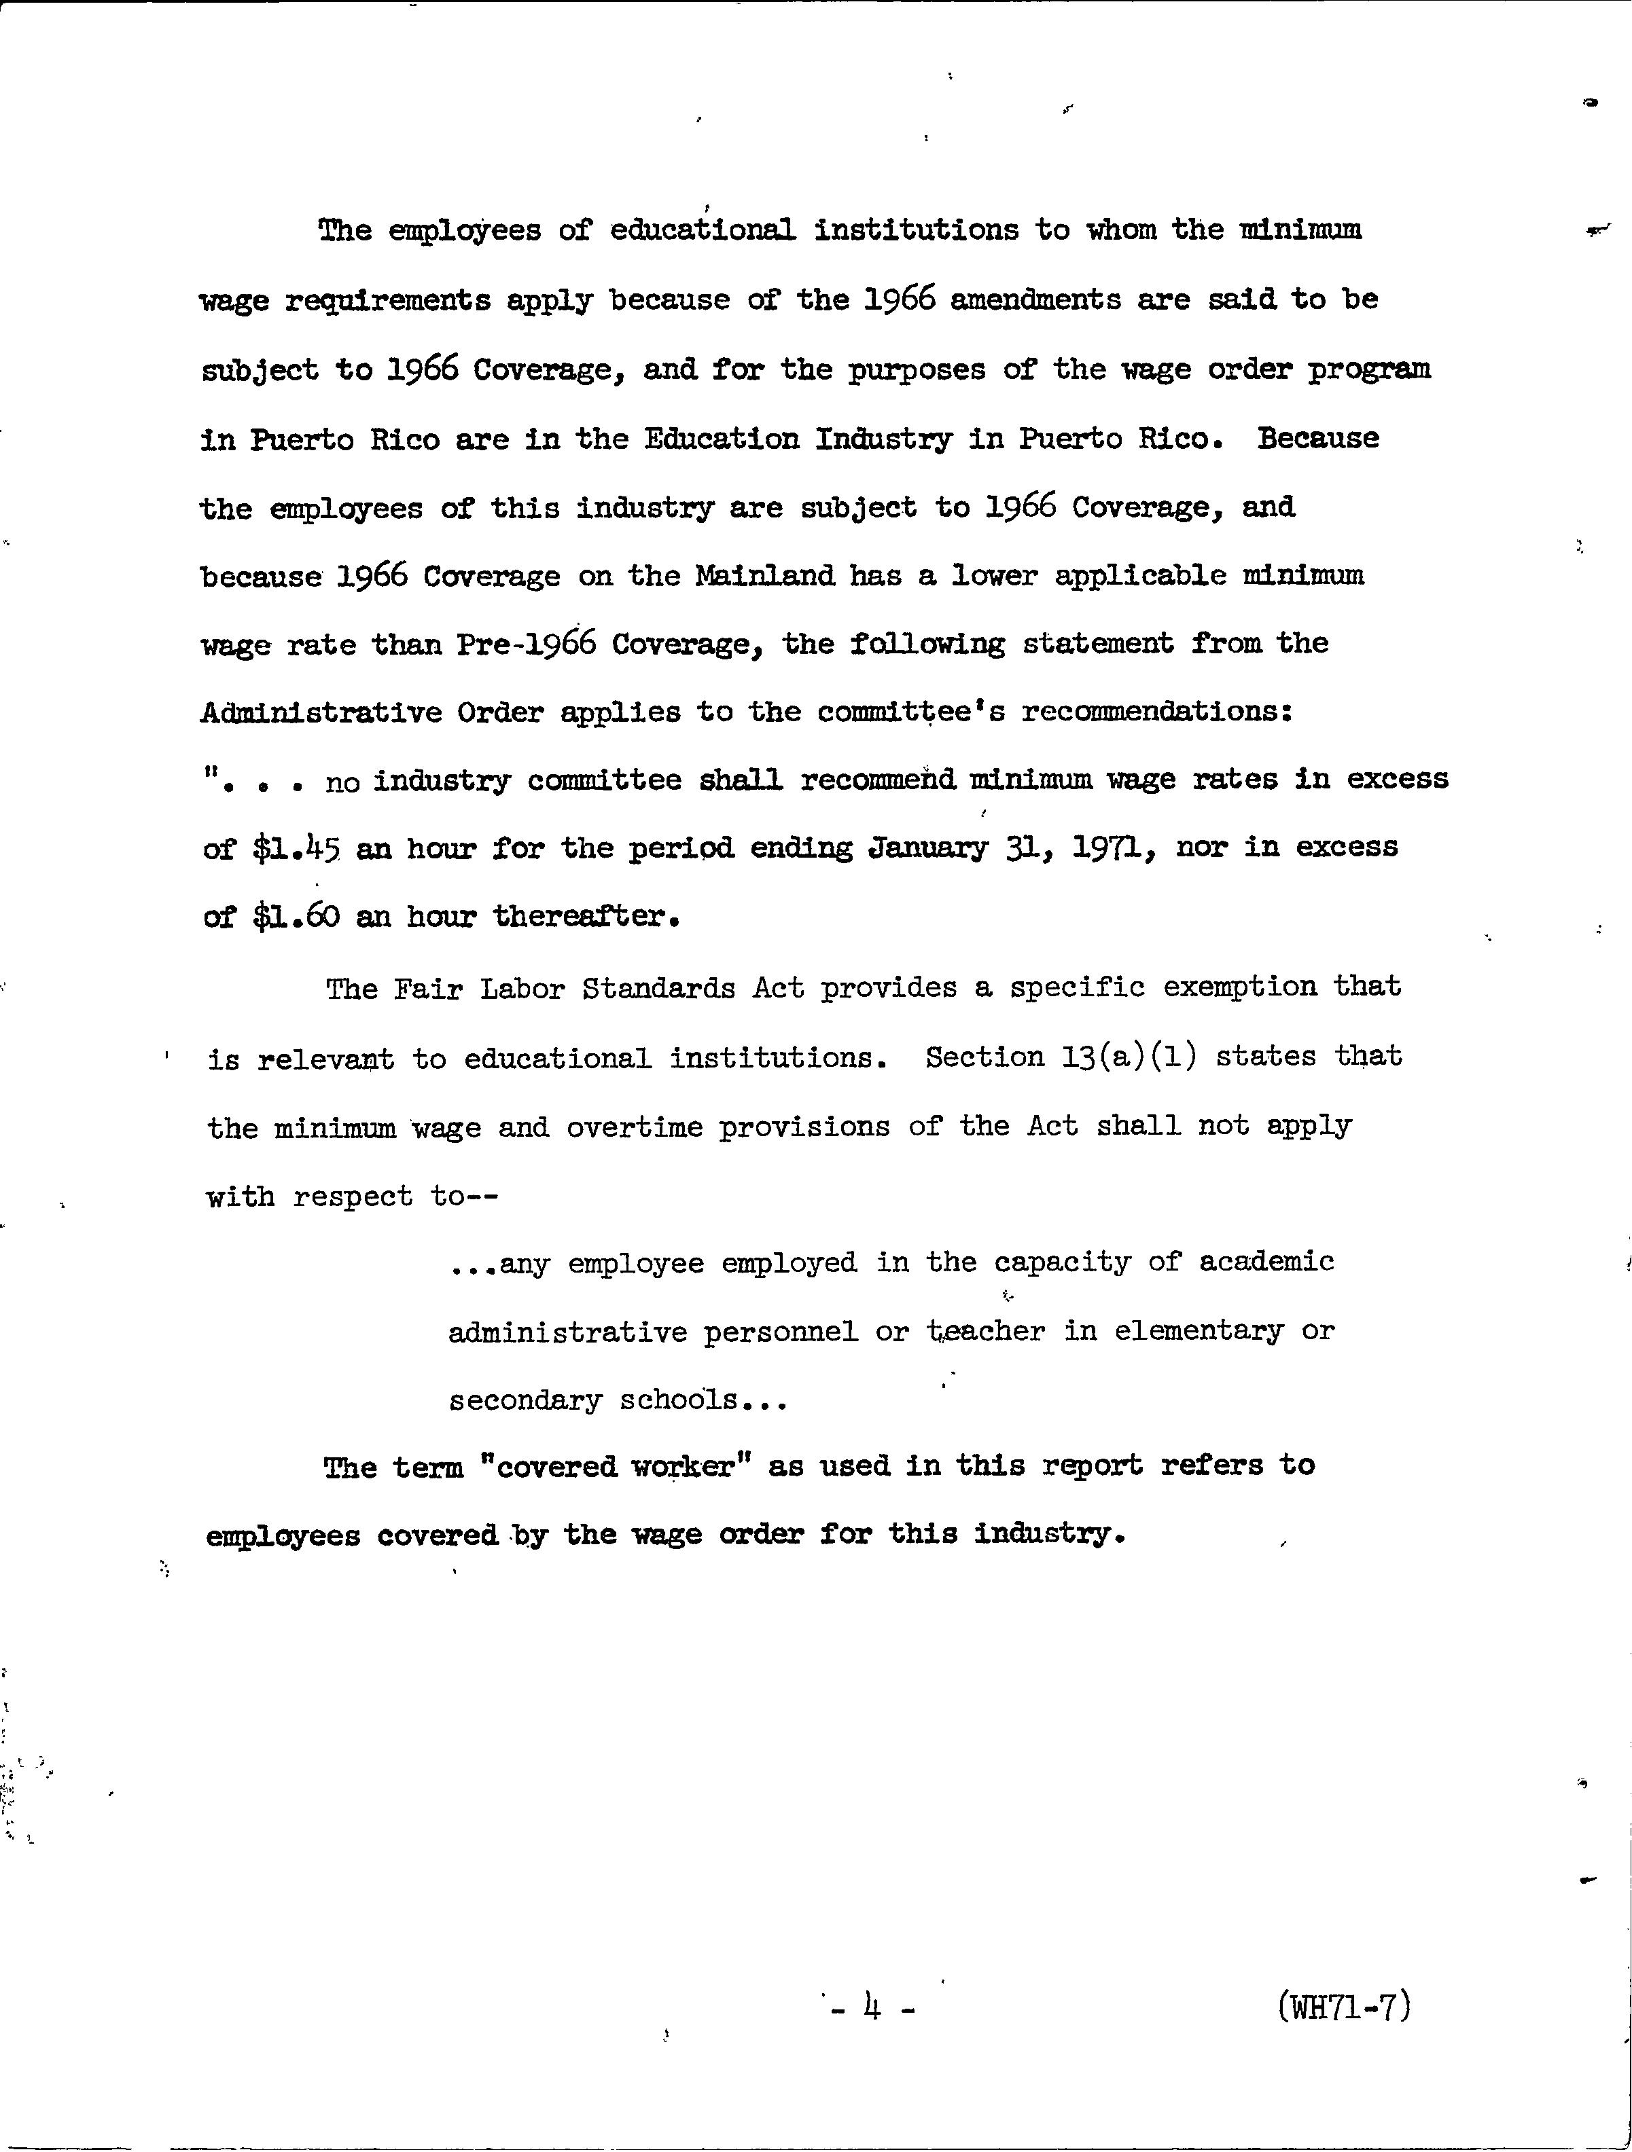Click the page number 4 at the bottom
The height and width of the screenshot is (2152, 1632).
click(x=872, y=2007)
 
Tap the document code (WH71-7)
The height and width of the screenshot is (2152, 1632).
click(x=1344, y=2006)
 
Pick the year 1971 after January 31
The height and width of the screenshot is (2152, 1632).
click(x=1114, y=847)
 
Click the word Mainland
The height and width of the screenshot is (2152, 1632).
click(x=765, y=575)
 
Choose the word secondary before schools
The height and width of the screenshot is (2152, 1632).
click(x=525, y=1401)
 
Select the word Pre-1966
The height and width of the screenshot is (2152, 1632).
click(x=525, y=644)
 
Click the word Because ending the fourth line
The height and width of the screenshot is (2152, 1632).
click(x=1317, y=438)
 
